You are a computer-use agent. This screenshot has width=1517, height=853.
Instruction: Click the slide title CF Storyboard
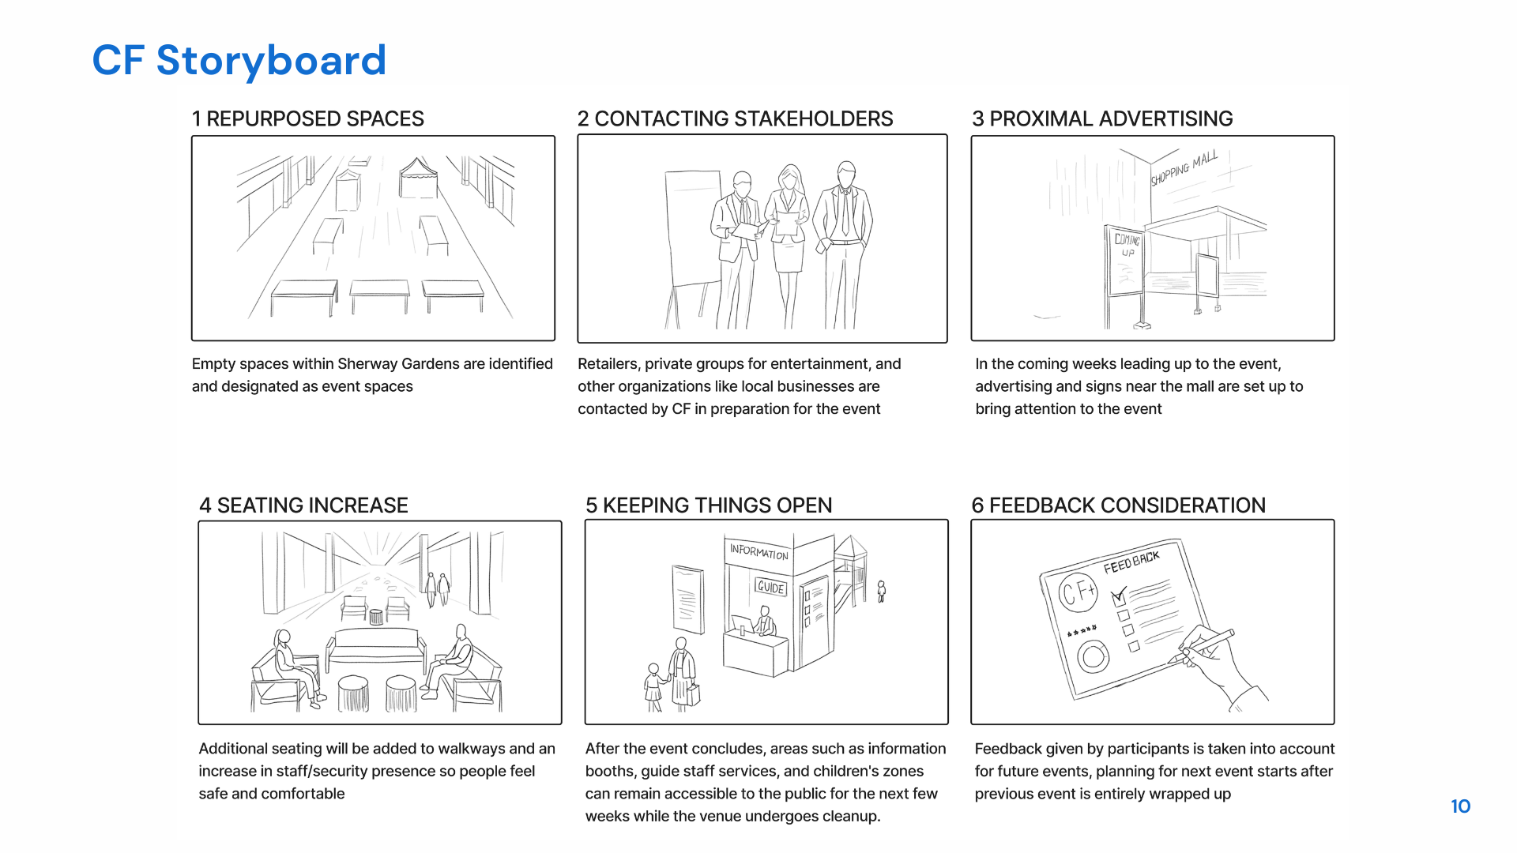point(239,61)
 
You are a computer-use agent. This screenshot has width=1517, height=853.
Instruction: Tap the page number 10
point(1460,806)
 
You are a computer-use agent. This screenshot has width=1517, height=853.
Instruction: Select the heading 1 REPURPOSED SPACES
point(307,118)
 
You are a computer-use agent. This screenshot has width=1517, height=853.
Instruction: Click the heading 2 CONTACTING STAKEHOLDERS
point(735,118)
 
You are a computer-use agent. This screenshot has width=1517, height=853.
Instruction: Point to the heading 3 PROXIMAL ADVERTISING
point(1102,118)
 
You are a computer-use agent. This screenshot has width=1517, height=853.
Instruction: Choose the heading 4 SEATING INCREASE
point(303,505)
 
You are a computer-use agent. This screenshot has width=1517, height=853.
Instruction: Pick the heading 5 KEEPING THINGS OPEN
point(709,505)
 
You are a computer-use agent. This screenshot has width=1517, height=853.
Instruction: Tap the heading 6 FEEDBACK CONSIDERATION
point(1118,505)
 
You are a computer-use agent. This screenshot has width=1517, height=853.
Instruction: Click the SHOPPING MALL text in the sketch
point(1184,167)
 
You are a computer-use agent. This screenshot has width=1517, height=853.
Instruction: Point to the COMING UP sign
point(1127,245)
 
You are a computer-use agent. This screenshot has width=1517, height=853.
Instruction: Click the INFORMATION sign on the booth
point(758,551)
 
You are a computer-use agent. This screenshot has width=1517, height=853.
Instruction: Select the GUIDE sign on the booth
point(770,587)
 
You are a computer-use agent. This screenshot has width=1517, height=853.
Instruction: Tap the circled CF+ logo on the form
point(1078,592)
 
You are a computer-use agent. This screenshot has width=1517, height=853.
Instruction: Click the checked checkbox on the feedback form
point(1119,596)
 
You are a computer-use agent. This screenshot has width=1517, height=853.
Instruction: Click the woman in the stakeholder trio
point(789,229)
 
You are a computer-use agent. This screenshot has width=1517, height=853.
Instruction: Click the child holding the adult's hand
point(653,686)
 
